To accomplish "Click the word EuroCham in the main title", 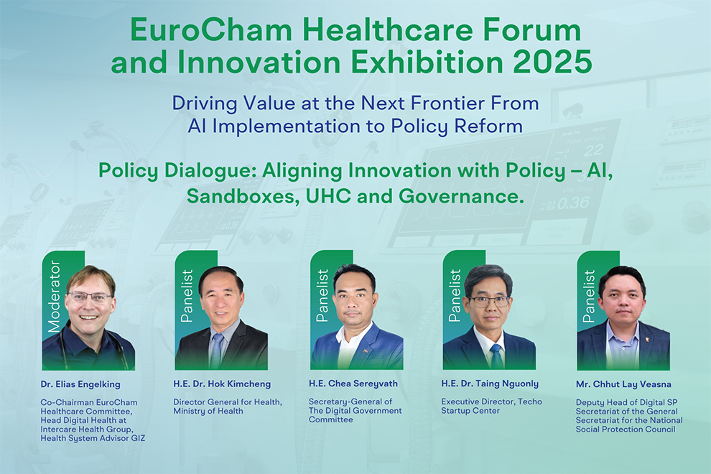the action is (x=211, y=30).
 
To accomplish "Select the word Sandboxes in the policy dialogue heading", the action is (x=243, y=196).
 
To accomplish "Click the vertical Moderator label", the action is (x=54, y=296).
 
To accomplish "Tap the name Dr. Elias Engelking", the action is (x=80, y=384).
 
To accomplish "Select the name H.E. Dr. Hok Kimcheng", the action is (x=222, y=384).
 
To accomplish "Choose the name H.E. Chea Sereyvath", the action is (x=353, y=384).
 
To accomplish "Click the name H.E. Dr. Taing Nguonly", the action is (x=491, y=384).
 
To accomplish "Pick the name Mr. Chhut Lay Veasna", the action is (x=623, y=384).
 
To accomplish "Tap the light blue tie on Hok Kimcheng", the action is (x=217, y=351).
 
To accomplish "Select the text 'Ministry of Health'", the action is (x=208, y=411).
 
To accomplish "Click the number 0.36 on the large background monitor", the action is (x=573, y=203).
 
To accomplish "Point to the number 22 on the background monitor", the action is (x=593, y=150).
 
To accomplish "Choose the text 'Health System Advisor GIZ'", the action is (x=93, y=438).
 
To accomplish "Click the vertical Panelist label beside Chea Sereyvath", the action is (x=322, y=296).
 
